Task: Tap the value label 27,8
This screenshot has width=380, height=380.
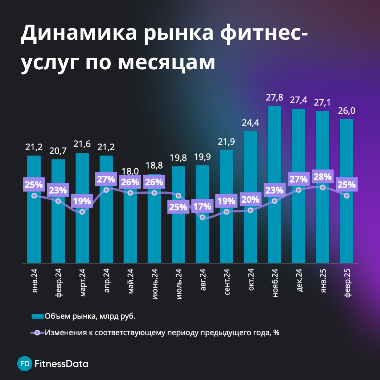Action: click(274, 97)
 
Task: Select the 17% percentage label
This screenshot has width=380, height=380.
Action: click(202, 206)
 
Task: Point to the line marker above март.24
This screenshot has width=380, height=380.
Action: click(82, 212)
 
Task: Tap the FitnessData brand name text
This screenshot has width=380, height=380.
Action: click(62, 363)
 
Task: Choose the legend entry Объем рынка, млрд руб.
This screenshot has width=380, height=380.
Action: click(90, 316)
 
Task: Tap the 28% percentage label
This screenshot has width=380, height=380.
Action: click(323, 177)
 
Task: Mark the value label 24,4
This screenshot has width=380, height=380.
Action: click(251, 123)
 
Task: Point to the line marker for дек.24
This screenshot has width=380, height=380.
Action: click(299, 190)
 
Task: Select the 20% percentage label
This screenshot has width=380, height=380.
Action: click(251, 199)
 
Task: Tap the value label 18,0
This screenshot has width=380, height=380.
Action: click(130, 172)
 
